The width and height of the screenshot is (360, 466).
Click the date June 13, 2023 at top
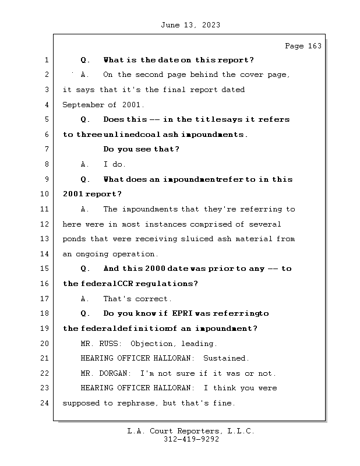[189, 24]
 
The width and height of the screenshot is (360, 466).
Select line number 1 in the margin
[45, 60]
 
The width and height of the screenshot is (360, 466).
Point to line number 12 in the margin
[45, 224]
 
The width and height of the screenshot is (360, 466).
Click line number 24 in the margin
[45, 403]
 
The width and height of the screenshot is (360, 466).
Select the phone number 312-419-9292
[191, 440]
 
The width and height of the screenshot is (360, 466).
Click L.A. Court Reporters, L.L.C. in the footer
[190, 431]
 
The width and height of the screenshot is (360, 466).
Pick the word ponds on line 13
[74, 239]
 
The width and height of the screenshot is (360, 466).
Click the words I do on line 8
[115, 165]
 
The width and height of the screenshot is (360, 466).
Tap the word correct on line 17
[153, 299]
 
